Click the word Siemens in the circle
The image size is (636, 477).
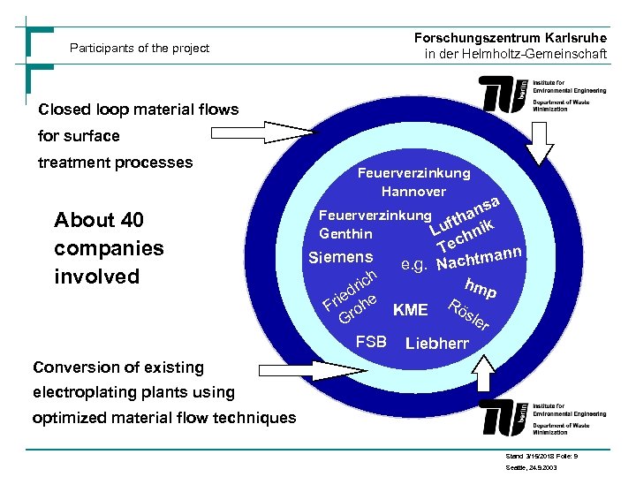(x=339, y=258)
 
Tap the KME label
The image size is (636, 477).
(x=411, y=310)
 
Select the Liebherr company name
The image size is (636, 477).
(x=436, y=343)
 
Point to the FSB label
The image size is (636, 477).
(x=370, y=341)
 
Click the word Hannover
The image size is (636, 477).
(x=413, y=191)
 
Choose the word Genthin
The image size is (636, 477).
(x=345, y=234)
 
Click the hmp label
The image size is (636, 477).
(x=482, y=287)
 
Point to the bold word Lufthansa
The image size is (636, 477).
(x=466, y=217)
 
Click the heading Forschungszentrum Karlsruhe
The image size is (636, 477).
(x=510, y=37)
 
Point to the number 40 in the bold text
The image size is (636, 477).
(x=127, y=220)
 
